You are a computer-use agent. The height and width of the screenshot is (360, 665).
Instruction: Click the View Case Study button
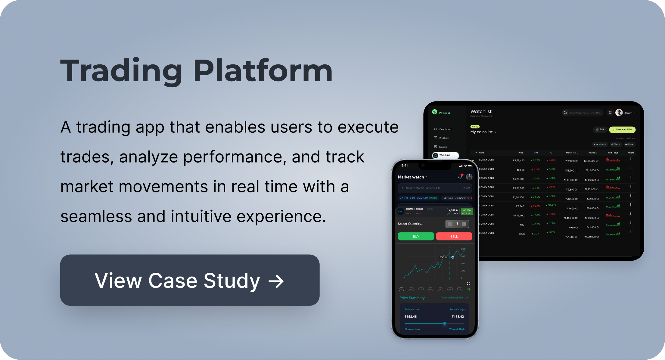tap(190, 280)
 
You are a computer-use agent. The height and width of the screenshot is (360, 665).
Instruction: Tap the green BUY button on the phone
tap(416, 237)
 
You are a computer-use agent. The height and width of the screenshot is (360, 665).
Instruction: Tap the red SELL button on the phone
tap(454, 237)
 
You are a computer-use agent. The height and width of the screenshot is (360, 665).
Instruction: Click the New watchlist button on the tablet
tap(622, 130)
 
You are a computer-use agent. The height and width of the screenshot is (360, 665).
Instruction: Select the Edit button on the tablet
tap(600, 130)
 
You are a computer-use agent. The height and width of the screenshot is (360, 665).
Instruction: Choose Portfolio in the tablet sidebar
tap(444, 138)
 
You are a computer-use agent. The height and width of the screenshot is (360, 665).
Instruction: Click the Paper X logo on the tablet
tap(441, 113)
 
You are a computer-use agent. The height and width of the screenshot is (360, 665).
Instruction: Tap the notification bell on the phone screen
tap(460, 177)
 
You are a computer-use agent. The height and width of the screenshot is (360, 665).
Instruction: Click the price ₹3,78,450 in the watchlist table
tap(519, 161)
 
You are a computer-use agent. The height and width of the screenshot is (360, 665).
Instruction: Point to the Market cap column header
tap(571, 153)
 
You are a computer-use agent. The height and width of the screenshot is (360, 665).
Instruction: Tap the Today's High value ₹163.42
tap(458, 317)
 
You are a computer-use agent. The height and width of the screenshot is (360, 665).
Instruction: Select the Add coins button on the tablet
tap(600, 144)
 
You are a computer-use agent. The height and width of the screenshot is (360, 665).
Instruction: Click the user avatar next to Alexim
tap(619, 113)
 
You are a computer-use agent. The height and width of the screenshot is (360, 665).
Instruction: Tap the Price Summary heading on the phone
tap(412, 298)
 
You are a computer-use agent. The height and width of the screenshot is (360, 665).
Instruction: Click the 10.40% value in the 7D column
tap(551, 205)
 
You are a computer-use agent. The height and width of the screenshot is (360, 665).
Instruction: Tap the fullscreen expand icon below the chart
tap(469, 284)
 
